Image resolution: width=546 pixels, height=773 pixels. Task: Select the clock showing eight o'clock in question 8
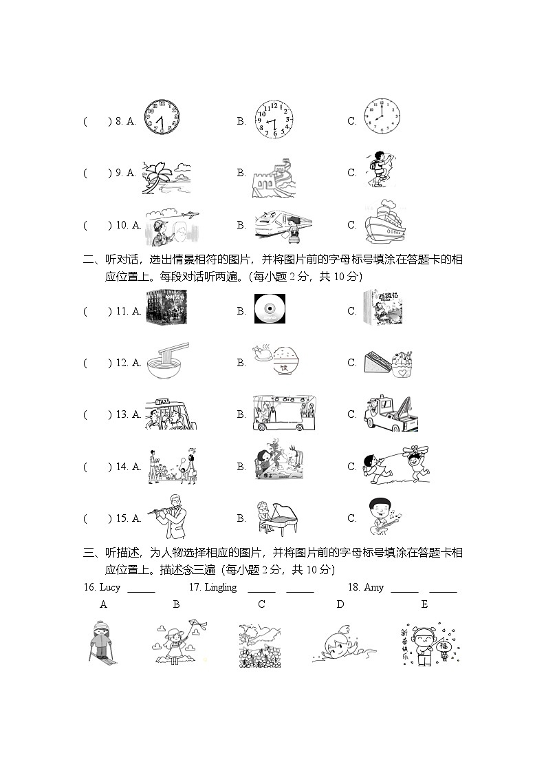(382, 116)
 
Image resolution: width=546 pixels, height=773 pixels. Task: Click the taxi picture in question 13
(171, 414)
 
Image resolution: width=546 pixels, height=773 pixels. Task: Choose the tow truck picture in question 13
(389, 413)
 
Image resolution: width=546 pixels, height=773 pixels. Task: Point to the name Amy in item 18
(373, 587)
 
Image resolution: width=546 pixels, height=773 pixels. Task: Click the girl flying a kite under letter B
(177, 642)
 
